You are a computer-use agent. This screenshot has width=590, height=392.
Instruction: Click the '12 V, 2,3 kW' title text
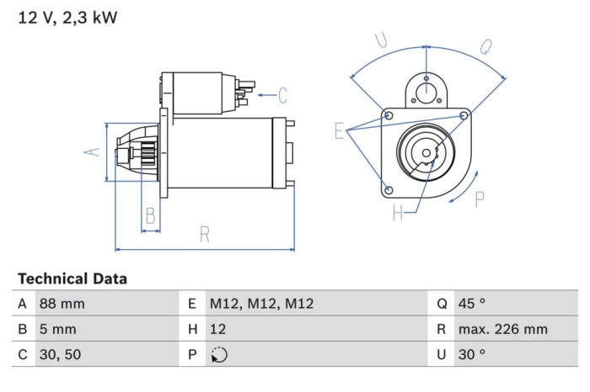coord(67,18)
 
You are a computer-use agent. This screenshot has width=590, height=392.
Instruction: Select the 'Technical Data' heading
coord(72,278)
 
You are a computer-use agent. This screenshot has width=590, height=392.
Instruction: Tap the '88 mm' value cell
coord(62,304)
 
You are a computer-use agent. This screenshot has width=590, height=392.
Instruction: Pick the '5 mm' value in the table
coord(57,329)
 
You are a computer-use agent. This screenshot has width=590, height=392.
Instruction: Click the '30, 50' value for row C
coord(61,354)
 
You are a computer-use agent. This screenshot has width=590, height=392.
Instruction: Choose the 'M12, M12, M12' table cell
coord(261,304)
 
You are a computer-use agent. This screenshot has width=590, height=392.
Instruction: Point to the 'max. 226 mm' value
coord(502,329)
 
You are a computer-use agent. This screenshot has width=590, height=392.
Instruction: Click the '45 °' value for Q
coord(472,304)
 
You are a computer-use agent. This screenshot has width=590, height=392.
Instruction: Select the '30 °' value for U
coord(472,354)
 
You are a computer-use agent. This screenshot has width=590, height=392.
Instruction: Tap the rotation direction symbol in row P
coord(218,355)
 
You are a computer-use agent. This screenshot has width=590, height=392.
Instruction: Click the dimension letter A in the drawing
coord(94,151)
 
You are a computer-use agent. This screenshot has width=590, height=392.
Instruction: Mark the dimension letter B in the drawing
coord(150,215)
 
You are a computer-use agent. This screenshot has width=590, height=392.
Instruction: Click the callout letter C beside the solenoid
coord(282,95)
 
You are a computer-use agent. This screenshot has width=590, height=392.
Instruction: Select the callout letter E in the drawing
coord(339,131)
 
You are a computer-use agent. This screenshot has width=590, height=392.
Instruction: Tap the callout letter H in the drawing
coord(398,214)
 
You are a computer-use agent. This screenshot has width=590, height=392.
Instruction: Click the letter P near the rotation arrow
coord(480,199)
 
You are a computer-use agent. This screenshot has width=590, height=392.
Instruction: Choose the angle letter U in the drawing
coord(381,40)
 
